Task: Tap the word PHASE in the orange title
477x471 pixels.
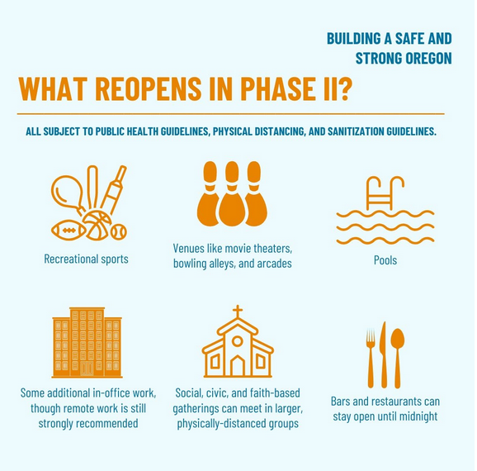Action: tap(276, 88)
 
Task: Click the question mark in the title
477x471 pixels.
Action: tap(345, 88)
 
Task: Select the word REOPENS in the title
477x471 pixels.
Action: tap(149, 88)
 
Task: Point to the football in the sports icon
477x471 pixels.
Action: tap(68, 231)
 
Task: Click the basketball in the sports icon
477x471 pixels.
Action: tap(97, 226)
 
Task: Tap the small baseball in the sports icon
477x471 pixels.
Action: tap(118, 232)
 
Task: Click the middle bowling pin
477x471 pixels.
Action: tap(232, 194)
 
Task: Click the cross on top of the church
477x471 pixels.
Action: tap(238, 312)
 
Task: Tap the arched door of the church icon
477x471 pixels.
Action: tap(238, 366)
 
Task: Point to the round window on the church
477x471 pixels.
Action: tap(238, 341)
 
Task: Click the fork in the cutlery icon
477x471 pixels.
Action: tap(371, 358)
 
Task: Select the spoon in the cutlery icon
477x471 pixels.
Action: tap(397, 358)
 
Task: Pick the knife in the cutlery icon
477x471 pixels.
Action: tap(384, 355)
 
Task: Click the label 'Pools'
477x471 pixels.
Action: tap(385, 260)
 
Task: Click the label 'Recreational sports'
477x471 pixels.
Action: tap(86, 259)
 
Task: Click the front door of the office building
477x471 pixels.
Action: tap(87, 369)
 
